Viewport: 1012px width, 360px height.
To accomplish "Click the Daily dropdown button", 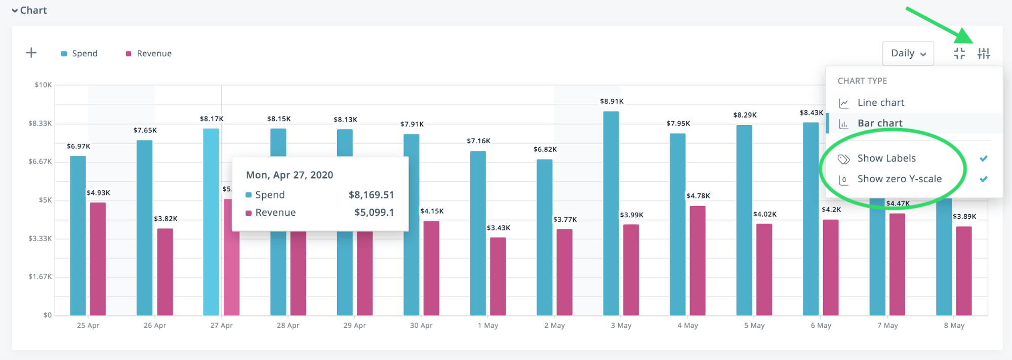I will coord(908,53).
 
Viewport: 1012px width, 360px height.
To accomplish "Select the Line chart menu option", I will coord(880,103).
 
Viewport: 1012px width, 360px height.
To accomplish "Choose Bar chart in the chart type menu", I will coord(879,123).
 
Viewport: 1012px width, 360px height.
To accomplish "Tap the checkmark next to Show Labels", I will coord(983,158).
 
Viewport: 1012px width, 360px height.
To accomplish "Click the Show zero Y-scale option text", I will coord(899,179).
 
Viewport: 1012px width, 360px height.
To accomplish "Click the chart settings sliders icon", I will coord(983,53).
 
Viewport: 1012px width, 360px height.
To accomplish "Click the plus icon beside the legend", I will coord(31,53).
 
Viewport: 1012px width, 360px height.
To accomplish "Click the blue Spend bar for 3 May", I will coord(611,213).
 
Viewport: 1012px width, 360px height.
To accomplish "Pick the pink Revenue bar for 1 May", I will coord(498,276).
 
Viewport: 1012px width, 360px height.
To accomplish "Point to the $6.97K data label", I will coord(78,146).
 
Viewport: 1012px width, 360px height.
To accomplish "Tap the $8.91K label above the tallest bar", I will coord(612,101).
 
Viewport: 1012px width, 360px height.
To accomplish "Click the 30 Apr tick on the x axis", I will coord(421,326).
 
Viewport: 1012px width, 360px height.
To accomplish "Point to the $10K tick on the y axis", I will coord(43,85).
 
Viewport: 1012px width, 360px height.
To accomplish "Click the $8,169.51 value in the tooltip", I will coord(371,195).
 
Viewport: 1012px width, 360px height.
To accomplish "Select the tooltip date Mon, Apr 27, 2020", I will coord(289,175).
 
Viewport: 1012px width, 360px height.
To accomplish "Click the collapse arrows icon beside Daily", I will coord(959,53).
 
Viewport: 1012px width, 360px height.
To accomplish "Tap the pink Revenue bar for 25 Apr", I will coord(98,258).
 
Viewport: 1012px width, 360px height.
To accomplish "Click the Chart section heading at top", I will coord(33,10).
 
